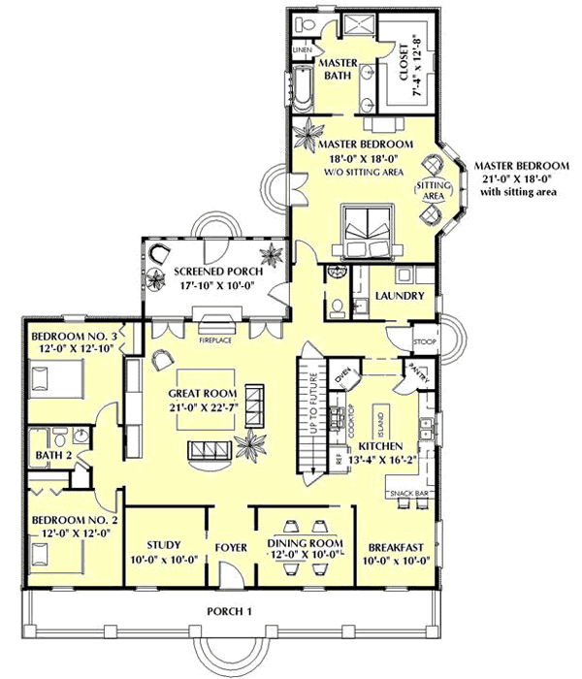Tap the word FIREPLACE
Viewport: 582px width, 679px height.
tap(207, 340)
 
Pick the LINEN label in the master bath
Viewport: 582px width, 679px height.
tap(303, 48)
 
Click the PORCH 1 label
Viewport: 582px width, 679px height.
tap(229, 610)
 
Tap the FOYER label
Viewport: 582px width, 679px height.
tap(231, 548)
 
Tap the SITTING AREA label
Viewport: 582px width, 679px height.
tap(431, 190)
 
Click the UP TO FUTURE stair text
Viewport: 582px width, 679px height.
tap(314, 404)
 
